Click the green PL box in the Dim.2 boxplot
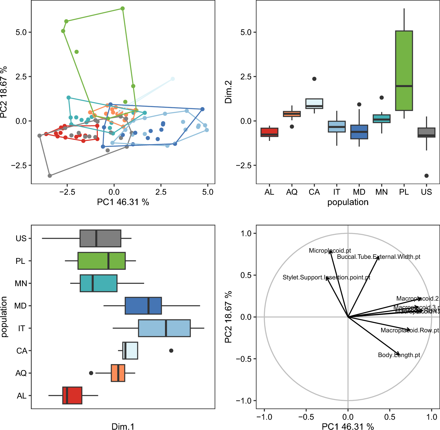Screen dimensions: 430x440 pyautogui.click(x=404, y=71)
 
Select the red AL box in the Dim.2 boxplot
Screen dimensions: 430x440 pyautogui.click(x=269, y=132)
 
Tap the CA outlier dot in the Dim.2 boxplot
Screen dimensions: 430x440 pyautogui.click(x=314, y=79)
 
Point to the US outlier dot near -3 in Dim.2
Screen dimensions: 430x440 pyautogui.click(x=426, y=176)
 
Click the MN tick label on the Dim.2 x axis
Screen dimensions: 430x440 pyautogui.click(x=381, y=192)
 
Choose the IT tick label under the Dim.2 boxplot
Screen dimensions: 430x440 pyautogui.click(x=336, y=192)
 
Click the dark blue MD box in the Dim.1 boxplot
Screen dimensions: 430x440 pyautogui.click(x=143, y=306)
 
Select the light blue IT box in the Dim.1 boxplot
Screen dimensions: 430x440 pyautogui.click(x=164, y=328)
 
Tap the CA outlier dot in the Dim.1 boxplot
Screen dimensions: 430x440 pyautogui.click(x=171, y=351)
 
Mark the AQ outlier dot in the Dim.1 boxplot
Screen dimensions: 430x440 pyautogui.click(x=91, y=373)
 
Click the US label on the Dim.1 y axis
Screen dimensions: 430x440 pyautogui.click(x=21, y=239)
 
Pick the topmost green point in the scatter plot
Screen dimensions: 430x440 pyautogui.click(x=123, y=9)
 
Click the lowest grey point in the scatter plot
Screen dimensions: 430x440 pyautogui.click(x=50, y=176)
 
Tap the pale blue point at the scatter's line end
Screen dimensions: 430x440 pyautogui.click(x=173, y=79)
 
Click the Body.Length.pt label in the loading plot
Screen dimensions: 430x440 pyautogui.click(x=399, y=355)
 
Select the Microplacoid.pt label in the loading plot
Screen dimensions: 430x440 pyautogui.click(x=330, y=251)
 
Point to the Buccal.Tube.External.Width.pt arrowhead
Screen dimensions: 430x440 pyautogui.click(x=378, y=257)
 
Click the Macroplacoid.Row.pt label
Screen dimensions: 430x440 pyautogui.click(x=409, y=330)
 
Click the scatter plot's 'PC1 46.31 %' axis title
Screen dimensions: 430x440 pyautogui.click(x=123, y=202)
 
